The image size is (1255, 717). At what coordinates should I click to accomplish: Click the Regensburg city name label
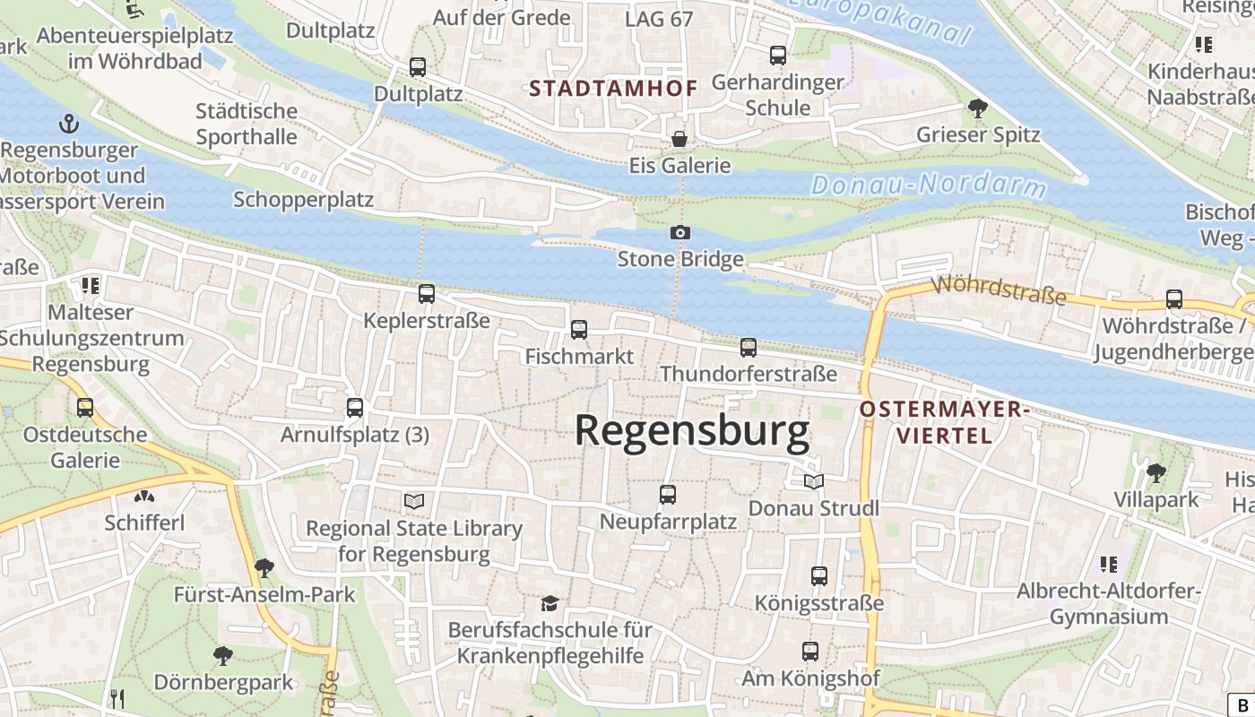(691, 431)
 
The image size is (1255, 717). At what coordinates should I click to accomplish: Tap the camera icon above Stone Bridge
(680, 233)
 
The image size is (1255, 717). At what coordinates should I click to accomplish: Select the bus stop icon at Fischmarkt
(579, 330)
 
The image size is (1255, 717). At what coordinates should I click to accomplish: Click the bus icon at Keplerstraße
(427, 294)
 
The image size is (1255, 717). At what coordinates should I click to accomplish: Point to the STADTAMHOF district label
(613, 88)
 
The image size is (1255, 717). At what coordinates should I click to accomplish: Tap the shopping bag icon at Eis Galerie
(679, 139)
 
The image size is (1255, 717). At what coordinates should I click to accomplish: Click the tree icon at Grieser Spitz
(977, 108)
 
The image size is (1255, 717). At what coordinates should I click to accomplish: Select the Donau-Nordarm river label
(928, 186)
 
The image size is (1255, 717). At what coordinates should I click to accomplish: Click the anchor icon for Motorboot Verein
(68, 124)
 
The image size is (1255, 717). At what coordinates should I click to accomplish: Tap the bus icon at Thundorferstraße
(749, 348)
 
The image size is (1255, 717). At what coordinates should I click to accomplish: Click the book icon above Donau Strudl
(813, 482)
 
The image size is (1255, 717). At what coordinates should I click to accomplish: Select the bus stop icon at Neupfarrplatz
(668, 495)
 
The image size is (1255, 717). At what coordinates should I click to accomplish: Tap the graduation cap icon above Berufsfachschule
(550, 603)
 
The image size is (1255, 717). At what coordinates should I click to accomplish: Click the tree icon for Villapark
(1155, 472)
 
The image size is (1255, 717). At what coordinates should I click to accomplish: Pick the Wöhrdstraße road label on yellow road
(999, 290)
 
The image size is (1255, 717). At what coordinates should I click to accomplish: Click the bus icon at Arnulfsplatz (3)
(355, 409)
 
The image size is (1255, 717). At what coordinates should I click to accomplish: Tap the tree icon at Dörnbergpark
(222, 656)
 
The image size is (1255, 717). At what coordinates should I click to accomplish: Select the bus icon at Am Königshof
(810, 652)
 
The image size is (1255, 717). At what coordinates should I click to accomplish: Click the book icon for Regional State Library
(413, 501)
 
